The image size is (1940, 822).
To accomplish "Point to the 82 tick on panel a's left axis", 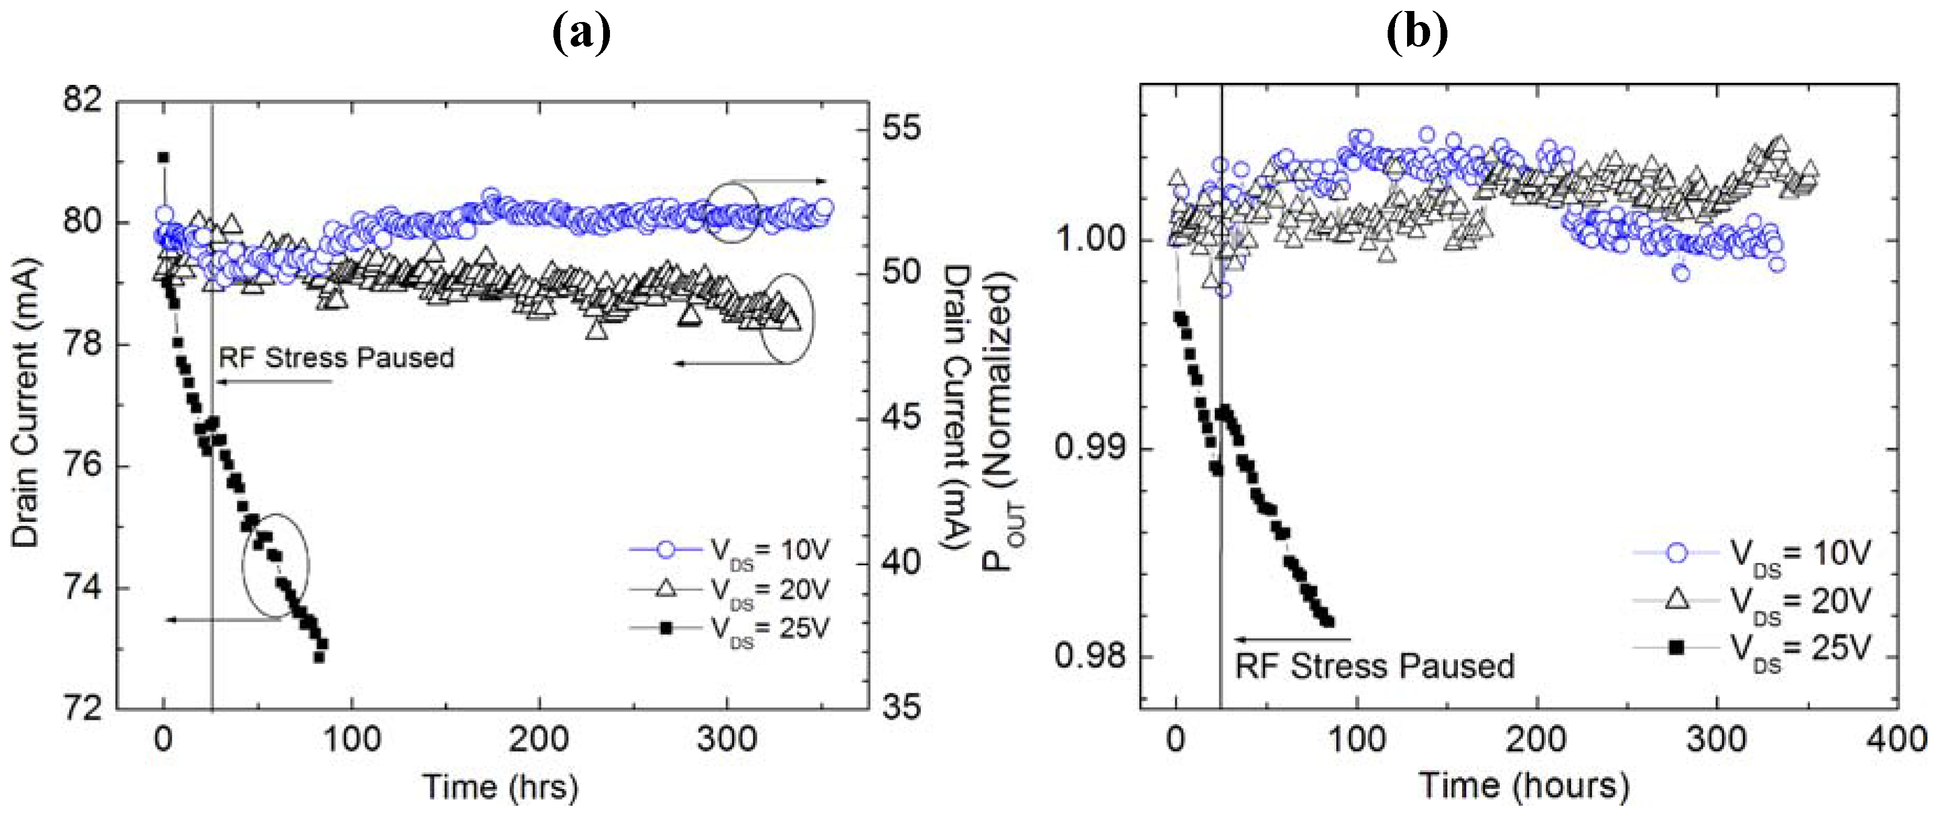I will [x=83, y=100].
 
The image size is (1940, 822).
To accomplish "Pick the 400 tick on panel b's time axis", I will [x=1897, y=740].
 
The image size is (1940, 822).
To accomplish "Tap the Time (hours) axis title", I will [x=1524, y=786].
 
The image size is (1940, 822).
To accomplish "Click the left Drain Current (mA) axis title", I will [x=26, y=403].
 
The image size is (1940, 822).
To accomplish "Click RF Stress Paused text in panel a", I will [x=336, y=357].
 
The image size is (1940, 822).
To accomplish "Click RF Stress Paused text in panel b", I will [x=1375, y=666].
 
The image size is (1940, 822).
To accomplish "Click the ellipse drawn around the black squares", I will [x=276, y=565].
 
